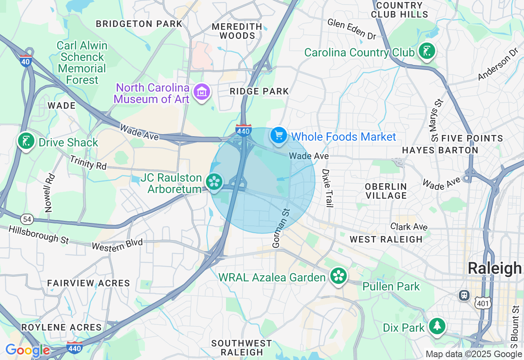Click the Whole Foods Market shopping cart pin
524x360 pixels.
click(279, 135)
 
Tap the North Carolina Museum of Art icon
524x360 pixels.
click(202, 92)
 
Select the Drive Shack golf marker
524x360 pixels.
click(26, 142)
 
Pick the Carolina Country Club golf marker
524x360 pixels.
click(427, 52)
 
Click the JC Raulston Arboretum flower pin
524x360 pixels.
click(214, 182)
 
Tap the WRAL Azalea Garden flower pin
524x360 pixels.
click(339, 277)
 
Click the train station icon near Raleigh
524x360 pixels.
click(464, 295)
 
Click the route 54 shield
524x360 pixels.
click(27, 220)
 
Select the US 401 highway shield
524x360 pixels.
click(483, 302)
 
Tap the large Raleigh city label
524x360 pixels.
click(495, 269)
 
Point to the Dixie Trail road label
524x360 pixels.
click(326, 188)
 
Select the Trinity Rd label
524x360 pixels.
click(88, 163)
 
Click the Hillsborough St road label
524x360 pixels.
click(39, 234)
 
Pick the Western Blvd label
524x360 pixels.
click(117, 245)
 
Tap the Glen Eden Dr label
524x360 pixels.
click(351, 29)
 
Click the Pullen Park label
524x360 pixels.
click(391, 286)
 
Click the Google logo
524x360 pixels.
click(27, 350)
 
